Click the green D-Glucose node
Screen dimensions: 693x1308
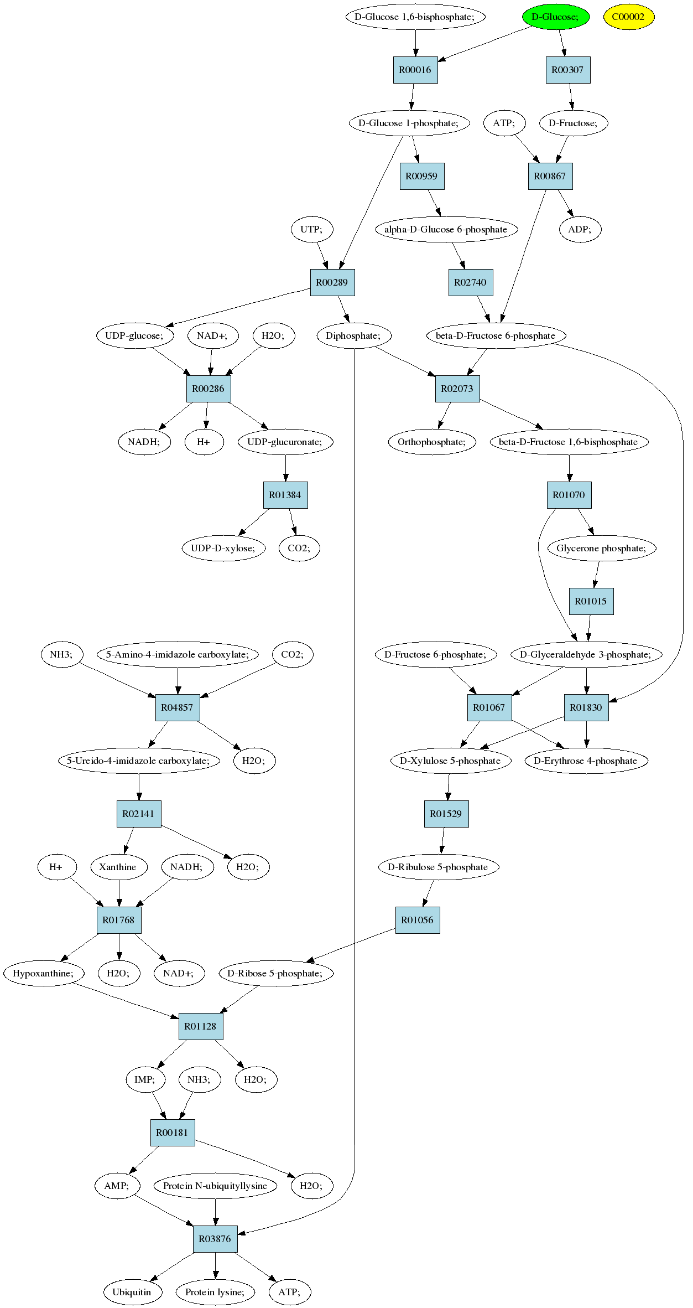[x=556, y=17]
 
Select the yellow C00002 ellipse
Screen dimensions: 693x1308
[x=629, y=17]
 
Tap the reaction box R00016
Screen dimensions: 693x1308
[x=415, y=70]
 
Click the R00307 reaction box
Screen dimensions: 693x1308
[x=568, y=70]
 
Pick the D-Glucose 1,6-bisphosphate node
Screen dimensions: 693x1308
[x=415, y=17]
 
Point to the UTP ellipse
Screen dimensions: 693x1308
[x=312, y=229]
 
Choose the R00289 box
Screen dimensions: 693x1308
[x=332, y=282]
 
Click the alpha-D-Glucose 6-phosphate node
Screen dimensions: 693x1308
[x=446, y=229]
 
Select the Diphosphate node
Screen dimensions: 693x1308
[x=354, y=335]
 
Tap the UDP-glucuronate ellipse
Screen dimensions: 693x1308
[x=285, y=442]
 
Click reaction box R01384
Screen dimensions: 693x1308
[x=285, y=495]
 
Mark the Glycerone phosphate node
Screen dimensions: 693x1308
[x=602, y=548]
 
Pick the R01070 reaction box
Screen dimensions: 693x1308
[x=569, y=495]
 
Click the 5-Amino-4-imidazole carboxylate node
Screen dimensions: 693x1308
[x=178, y=654]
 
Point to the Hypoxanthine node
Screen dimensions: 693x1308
[x=44, y=973]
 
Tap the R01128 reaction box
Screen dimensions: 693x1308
[x=200, y=1026]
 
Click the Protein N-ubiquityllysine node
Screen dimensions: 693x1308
[x=215, y=1186]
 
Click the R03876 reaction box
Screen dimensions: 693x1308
[x=215, y=1239]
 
